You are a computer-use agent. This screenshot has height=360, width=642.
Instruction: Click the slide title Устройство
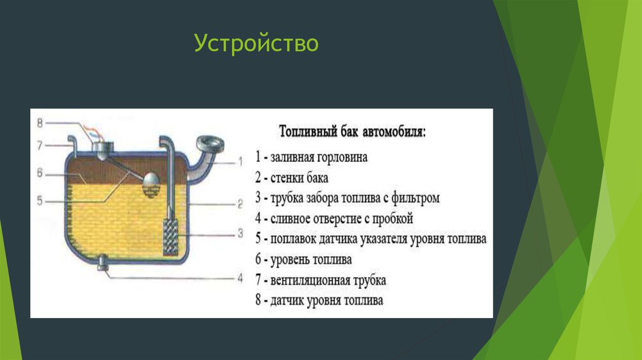[256, 44]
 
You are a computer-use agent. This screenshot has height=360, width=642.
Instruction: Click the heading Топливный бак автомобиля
[352, 133]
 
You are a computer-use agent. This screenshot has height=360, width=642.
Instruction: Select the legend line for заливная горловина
[312, 157]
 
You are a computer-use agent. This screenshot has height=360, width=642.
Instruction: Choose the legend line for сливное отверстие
[335, 219]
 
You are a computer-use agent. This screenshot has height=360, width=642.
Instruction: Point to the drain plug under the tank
[104, 267]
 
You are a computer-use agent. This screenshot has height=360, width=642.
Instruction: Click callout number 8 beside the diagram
[39, 122]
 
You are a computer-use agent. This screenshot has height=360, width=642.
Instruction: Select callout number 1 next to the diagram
[239, 161]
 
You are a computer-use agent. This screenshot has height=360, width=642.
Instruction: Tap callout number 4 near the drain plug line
[239, 277]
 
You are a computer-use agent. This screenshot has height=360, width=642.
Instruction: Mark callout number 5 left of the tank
[39, 201]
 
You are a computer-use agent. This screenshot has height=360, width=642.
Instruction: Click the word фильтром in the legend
[417, 198]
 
